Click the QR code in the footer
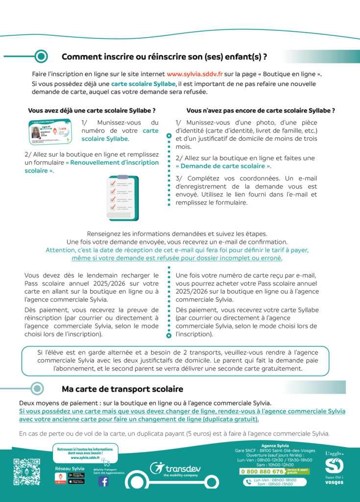(26, 472)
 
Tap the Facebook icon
(103, 481)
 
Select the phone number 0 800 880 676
(262, 472)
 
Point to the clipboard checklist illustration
(123, 191)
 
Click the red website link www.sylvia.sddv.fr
(195, 74)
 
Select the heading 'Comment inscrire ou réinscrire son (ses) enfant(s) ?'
(164, 57)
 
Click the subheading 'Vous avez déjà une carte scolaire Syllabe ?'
(92, 111)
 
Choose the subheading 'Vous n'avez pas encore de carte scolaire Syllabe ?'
(261, 111)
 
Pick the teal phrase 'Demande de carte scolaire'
(223, 166)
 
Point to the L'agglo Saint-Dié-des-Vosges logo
(335, 468)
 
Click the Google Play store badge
(76, 475)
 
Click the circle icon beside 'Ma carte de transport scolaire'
(38, 389)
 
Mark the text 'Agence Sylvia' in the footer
(275, 446)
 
